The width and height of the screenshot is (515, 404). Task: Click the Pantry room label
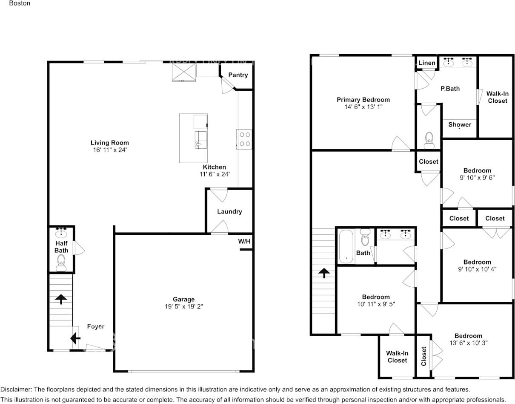(x=237, y=75)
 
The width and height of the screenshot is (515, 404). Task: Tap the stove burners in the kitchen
(x=245, y=139)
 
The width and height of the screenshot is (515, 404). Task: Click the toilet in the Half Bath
(x=62, y=262)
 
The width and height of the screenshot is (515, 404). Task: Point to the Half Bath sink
(x=62, y=233)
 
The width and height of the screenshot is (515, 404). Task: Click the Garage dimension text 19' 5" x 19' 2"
(x=183, y=306)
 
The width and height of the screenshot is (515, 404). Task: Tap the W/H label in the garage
(x=244, y=241)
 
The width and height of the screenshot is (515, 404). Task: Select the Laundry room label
(x=229, y=211)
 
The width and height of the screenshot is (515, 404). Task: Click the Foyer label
(x=96, y=326)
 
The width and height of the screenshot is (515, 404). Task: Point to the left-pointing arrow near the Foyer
(x=75, y=338)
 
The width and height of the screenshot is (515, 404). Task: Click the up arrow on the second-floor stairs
(x=324, y=273)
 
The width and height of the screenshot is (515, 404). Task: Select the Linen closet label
(x=427, y=63)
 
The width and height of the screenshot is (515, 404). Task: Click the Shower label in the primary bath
(x=460, y=124)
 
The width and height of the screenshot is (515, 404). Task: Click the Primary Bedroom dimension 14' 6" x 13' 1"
(x=363, y=107)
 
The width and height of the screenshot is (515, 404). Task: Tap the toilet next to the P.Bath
(x=429, y=139)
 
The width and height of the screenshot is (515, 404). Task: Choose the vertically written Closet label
(x=424, y=356)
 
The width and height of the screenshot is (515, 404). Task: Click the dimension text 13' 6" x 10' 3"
(x=468, y=343)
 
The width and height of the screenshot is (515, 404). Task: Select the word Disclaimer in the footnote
(x=16, y=390)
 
